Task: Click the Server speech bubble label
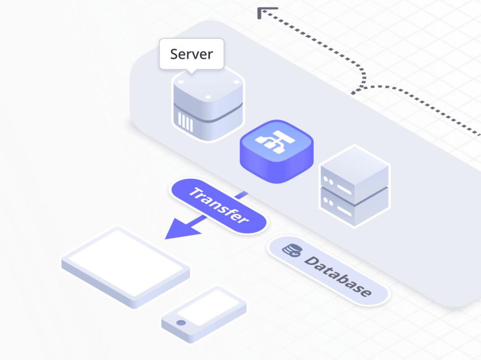[x=191, y=54]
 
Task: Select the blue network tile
[x=277, y=151]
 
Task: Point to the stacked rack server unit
[x=354, y=186]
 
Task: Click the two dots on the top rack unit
[x=328, y=181]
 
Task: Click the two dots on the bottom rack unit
[x=328, y=202]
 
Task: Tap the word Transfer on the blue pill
[x=219, y=205]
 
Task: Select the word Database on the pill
[x=338, y=276]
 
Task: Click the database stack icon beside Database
[x=292, y=250]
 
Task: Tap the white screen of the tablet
[x=126, y=262]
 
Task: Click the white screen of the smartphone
[x=208, y=307]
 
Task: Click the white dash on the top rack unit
[x=344, y=189]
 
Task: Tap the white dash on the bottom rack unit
[x=344, y=211]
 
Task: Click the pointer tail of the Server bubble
[x=192, y=72]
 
